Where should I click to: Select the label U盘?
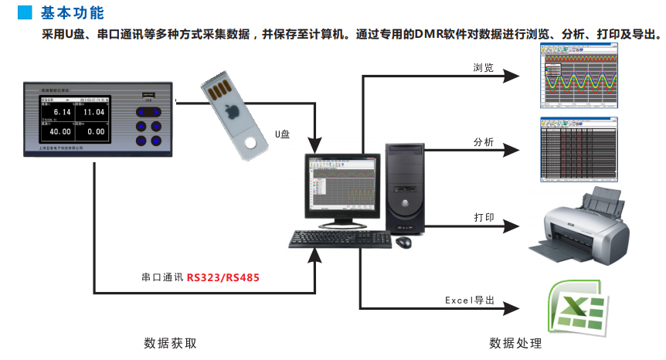(x=282, y=134)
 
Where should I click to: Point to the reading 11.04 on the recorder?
(x=93, y=113)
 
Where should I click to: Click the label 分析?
(x=484, y=142)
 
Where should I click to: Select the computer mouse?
(x=403, y=243)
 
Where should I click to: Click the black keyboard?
(x=337, y=240)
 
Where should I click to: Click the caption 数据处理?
(x=515, y=343)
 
